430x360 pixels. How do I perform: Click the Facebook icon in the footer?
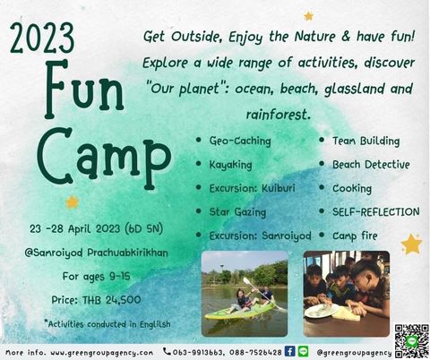tap(289, 351)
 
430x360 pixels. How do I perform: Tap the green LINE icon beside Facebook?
tap(303, 351)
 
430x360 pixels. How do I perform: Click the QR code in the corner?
tap(412, 341)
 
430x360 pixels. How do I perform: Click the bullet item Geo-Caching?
tap(240, 141)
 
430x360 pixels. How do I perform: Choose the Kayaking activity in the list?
tap(230, 165)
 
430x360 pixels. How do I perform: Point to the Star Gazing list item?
tap(237, 212)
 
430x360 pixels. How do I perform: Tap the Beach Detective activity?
tap(371, 165)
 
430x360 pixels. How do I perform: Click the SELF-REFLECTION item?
tap(376, 212)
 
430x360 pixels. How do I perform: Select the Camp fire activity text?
tap(355, 236)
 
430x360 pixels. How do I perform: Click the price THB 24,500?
tap(111, 300)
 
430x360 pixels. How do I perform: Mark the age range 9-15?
tap(120, 277)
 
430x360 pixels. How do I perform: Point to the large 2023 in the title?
tap(42, 39)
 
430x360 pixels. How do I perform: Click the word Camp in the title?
tap(104, 159)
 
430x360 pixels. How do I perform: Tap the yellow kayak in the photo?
tap(240, 312)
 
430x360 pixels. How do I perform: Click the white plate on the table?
tap(322, 311)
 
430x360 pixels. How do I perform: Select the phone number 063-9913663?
tap(198, 353)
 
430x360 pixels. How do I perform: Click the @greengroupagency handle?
tap(354, 353)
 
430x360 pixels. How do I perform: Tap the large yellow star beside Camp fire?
tap(411, 244)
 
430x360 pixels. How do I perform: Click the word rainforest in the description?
tap(277, 115)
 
